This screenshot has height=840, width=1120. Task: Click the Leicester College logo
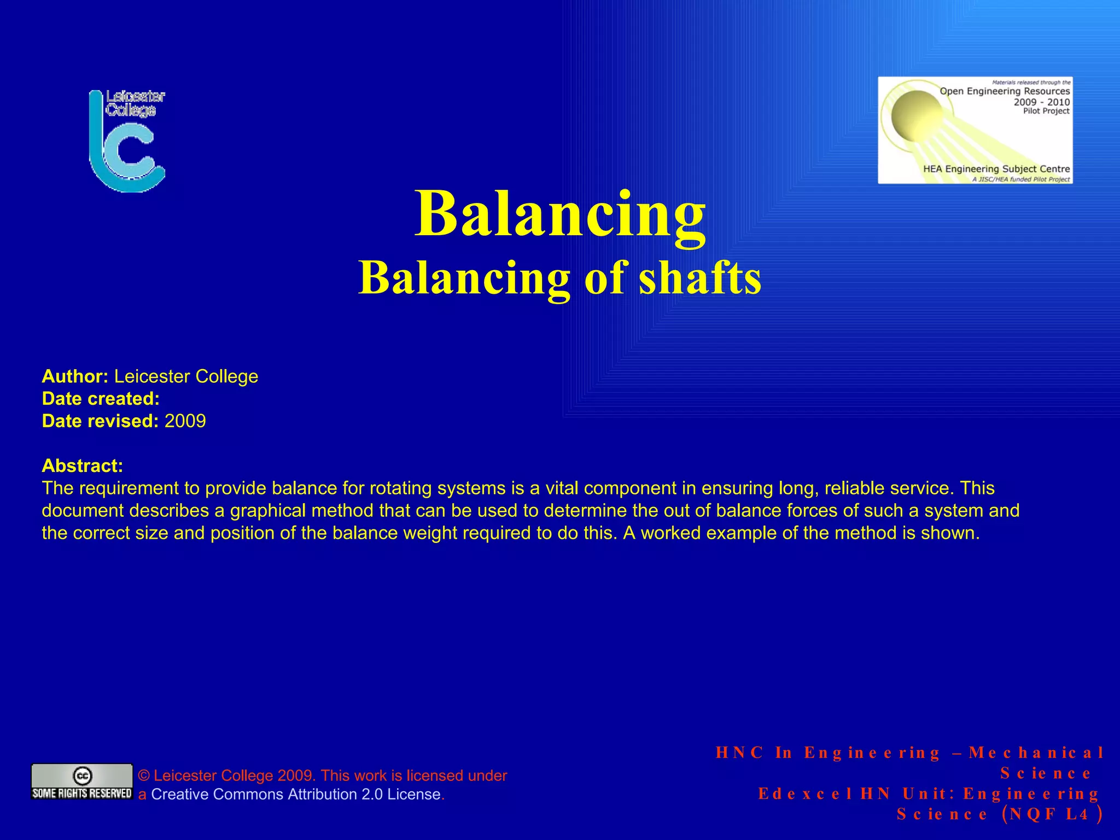coord(127,141)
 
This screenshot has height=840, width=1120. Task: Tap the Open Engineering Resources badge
coord(975,130)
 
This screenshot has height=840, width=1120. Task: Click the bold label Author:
coord(75,376)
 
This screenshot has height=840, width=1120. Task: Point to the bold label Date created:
coord(101,399)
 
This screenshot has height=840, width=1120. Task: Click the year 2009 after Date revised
coord(185,421)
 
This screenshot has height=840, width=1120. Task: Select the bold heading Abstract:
coord(82,466)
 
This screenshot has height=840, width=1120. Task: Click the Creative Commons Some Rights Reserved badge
coord(82,781)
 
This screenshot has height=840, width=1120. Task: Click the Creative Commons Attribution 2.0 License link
coord(295,794)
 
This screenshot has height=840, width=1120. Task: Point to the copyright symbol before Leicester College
coord(144,775)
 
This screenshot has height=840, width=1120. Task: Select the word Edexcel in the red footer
coord(805,794)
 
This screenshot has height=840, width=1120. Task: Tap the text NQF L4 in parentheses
coord(1049,814)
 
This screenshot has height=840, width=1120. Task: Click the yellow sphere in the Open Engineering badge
coord(917,115)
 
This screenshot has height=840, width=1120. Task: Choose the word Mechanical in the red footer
coord(1036,753)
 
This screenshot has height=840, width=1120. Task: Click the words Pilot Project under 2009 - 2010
coord(1046,111)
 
